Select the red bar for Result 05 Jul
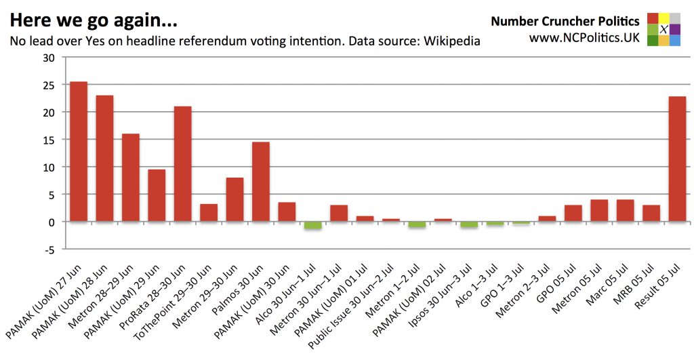point(677,159)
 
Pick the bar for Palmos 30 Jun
point(260,181)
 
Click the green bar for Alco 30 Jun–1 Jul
point(312,225)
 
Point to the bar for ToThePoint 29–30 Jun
point(209,212)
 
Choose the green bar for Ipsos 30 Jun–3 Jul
point(469,224)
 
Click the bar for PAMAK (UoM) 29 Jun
point(157,195)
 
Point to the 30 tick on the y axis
point(49,58)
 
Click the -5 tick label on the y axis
point(49,249)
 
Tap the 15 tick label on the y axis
point(49,140)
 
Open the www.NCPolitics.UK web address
point(584,38)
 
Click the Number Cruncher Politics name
point(565,21)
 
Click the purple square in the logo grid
point(675,29)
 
